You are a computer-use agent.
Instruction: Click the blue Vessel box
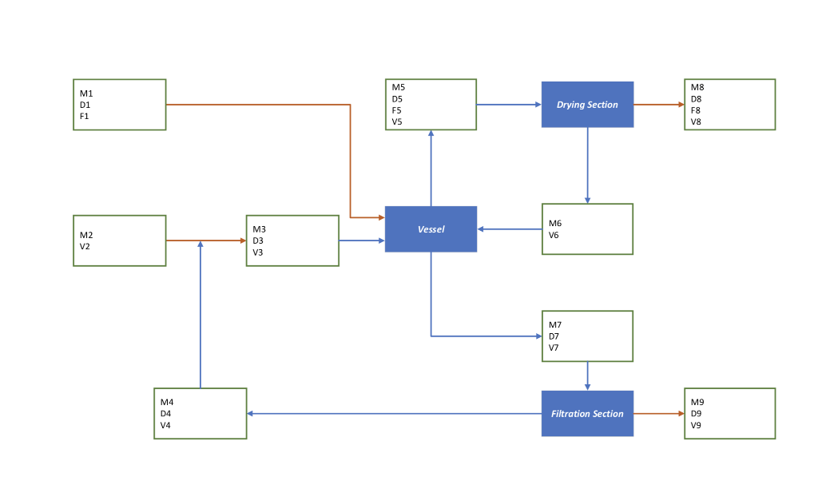(431, 229)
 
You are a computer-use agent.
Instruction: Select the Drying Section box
(587, 105)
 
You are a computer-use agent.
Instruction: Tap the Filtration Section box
(587, 413)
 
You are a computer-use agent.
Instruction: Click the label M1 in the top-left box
(85, 93)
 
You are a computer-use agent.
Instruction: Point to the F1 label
(85, 116)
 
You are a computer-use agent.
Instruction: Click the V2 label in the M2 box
(85, 247)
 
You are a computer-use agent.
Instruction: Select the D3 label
(258, 241)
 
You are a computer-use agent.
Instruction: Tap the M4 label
(167, 402)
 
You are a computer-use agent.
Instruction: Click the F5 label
(397, 110)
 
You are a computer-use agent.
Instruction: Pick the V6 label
(554, 235)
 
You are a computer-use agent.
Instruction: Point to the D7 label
(554, 336)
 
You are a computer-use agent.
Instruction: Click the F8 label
(697, 110)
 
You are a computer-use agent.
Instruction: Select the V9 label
(697, 425)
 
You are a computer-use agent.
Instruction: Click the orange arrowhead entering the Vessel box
(380, 217)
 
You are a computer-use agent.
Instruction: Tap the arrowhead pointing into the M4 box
(251, 413)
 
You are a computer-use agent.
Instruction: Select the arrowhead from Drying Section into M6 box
(587, 200)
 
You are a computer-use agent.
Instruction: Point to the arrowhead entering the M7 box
(538, 336)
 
